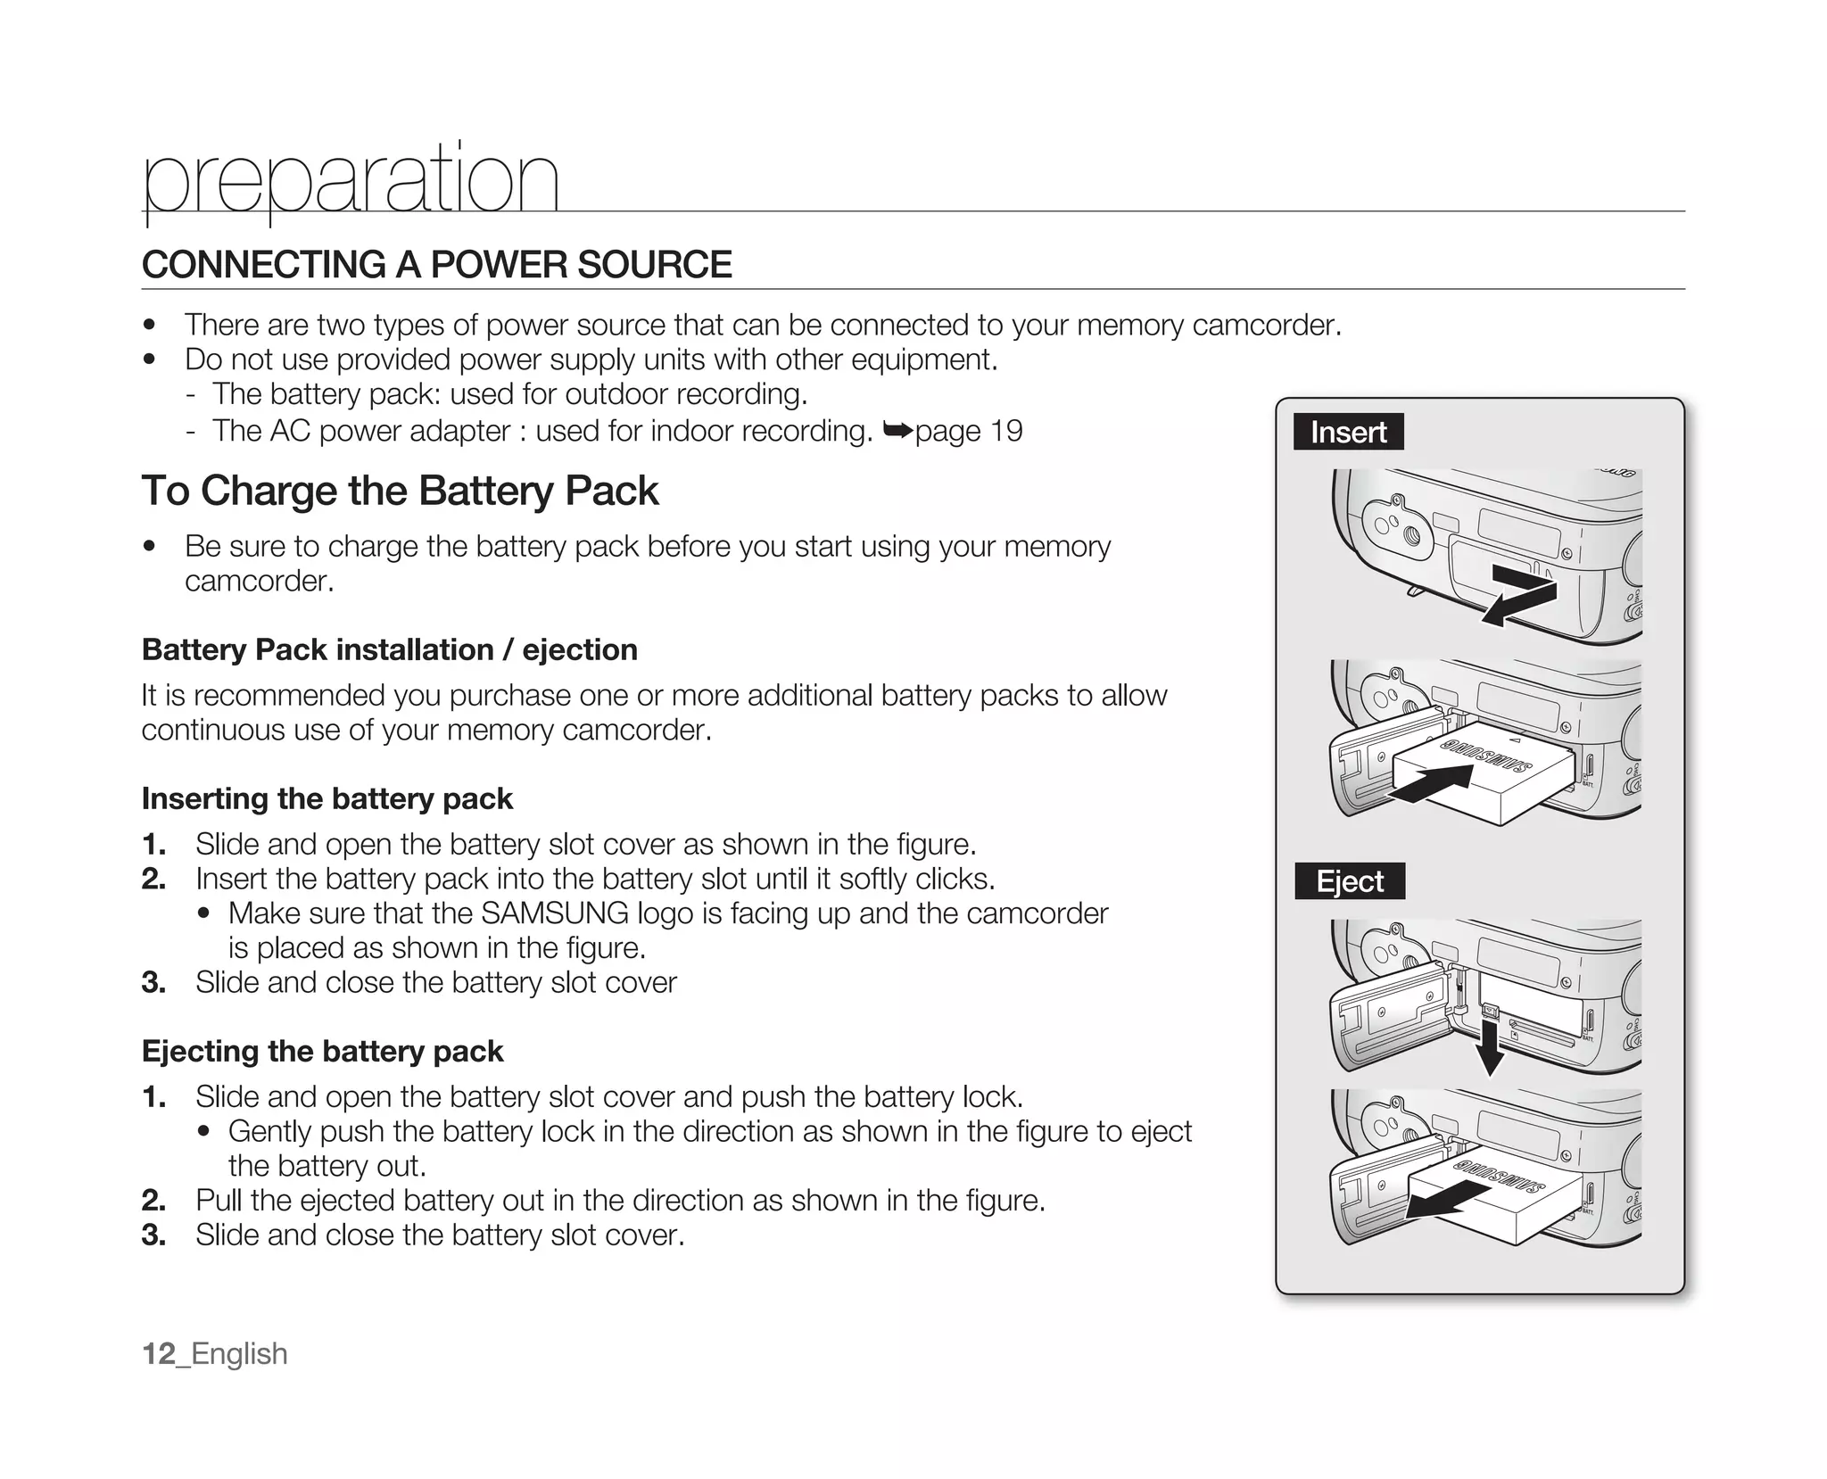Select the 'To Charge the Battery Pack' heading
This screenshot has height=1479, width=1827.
[400, 491]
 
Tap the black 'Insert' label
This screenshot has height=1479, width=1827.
[1348, 432]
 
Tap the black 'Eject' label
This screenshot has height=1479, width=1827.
[1349, 881]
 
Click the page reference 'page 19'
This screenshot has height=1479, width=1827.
[968, 431]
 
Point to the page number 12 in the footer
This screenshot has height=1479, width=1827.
[159, 1353]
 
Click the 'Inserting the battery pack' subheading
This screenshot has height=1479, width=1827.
[327, 798]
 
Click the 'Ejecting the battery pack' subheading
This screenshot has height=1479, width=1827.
[322, 1051]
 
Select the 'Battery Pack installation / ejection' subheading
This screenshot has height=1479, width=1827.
[389, 649]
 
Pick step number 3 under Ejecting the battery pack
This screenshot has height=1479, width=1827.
[153, 1235]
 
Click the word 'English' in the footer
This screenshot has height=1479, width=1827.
[239, 1353]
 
